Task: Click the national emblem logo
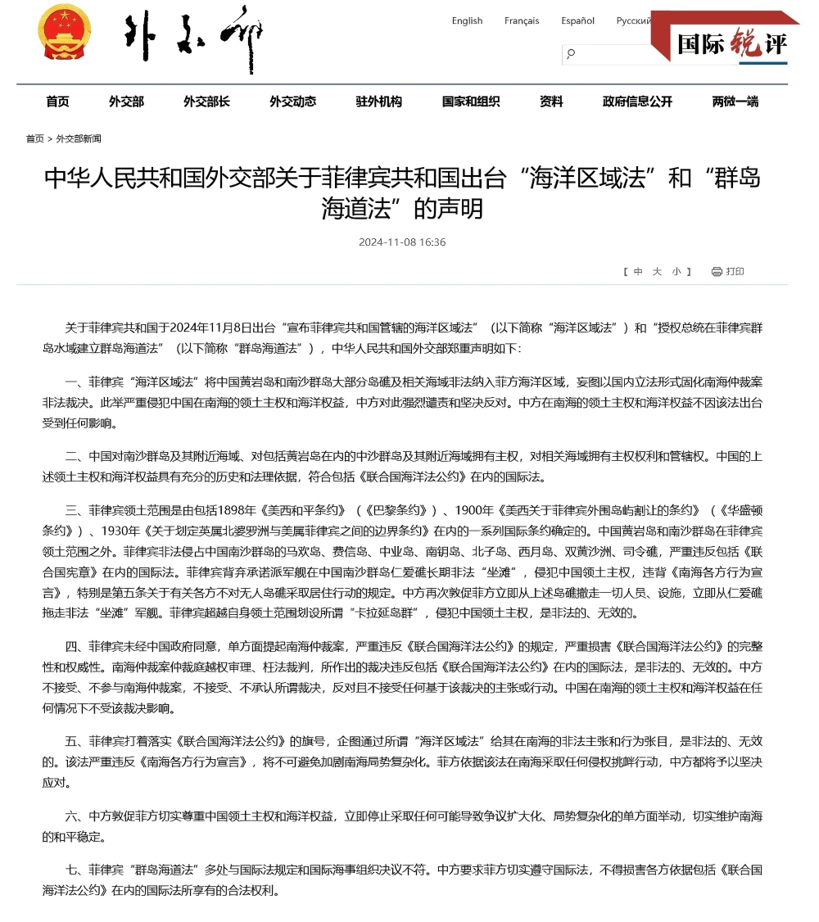click(64, 32)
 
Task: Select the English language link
click(467, 21)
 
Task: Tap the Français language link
click(522, 21)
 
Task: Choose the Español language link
click(577, 21)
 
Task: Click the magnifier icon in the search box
click(571, 54)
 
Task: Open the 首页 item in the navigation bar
click(57, 102)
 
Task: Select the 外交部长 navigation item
click(206, 102)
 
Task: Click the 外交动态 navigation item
click(292, 102)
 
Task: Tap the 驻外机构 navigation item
click(378, 102)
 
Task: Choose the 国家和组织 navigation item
click(470, 102)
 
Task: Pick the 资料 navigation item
click(551, 102)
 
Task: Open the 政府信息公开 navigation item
click(637, 102)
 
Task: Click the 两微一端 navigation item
click(735, 102)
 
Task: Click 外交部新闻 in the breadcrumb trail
click(79, 139)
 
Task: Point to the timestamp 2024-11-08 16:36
click(402, 242)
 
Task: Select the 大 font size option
click(657, 272)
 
